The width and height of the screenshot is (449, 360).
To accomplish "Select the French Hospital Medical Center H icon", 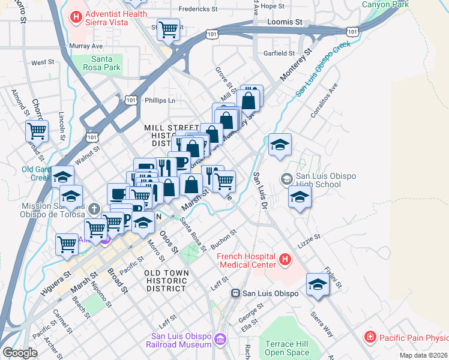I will [285, 260].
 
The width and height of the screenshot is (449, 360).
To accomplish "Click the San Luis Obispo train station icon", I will [236, 293].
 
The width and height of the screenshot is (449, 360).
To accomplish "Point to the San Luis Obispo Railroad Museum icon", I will [220, 340].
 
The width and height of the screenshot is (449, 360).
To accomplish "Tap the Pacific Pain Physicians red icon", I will [372, 337].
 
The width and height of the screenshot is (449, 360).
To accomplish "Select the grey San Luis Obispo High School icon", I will [286, 179].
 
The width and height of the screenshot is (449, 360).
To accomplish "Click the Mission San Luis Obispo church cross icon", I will [94, 209].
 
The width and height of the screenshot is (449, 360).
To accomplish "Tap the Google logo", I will [20, 353].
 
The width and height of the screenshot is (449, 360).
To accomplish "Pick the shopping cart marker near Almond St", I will [37, 130].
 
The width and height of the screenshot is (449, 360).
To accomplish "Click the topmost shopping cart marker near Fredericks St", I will [169, 28].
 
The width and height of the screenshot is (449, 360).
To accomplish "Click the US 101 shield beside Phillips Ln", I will [131, 101].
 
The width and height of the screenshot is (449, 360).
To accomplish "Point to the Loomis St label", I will [285, 22].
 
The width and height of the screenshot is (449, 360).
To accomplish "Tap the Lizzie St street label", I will [310, 241].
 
